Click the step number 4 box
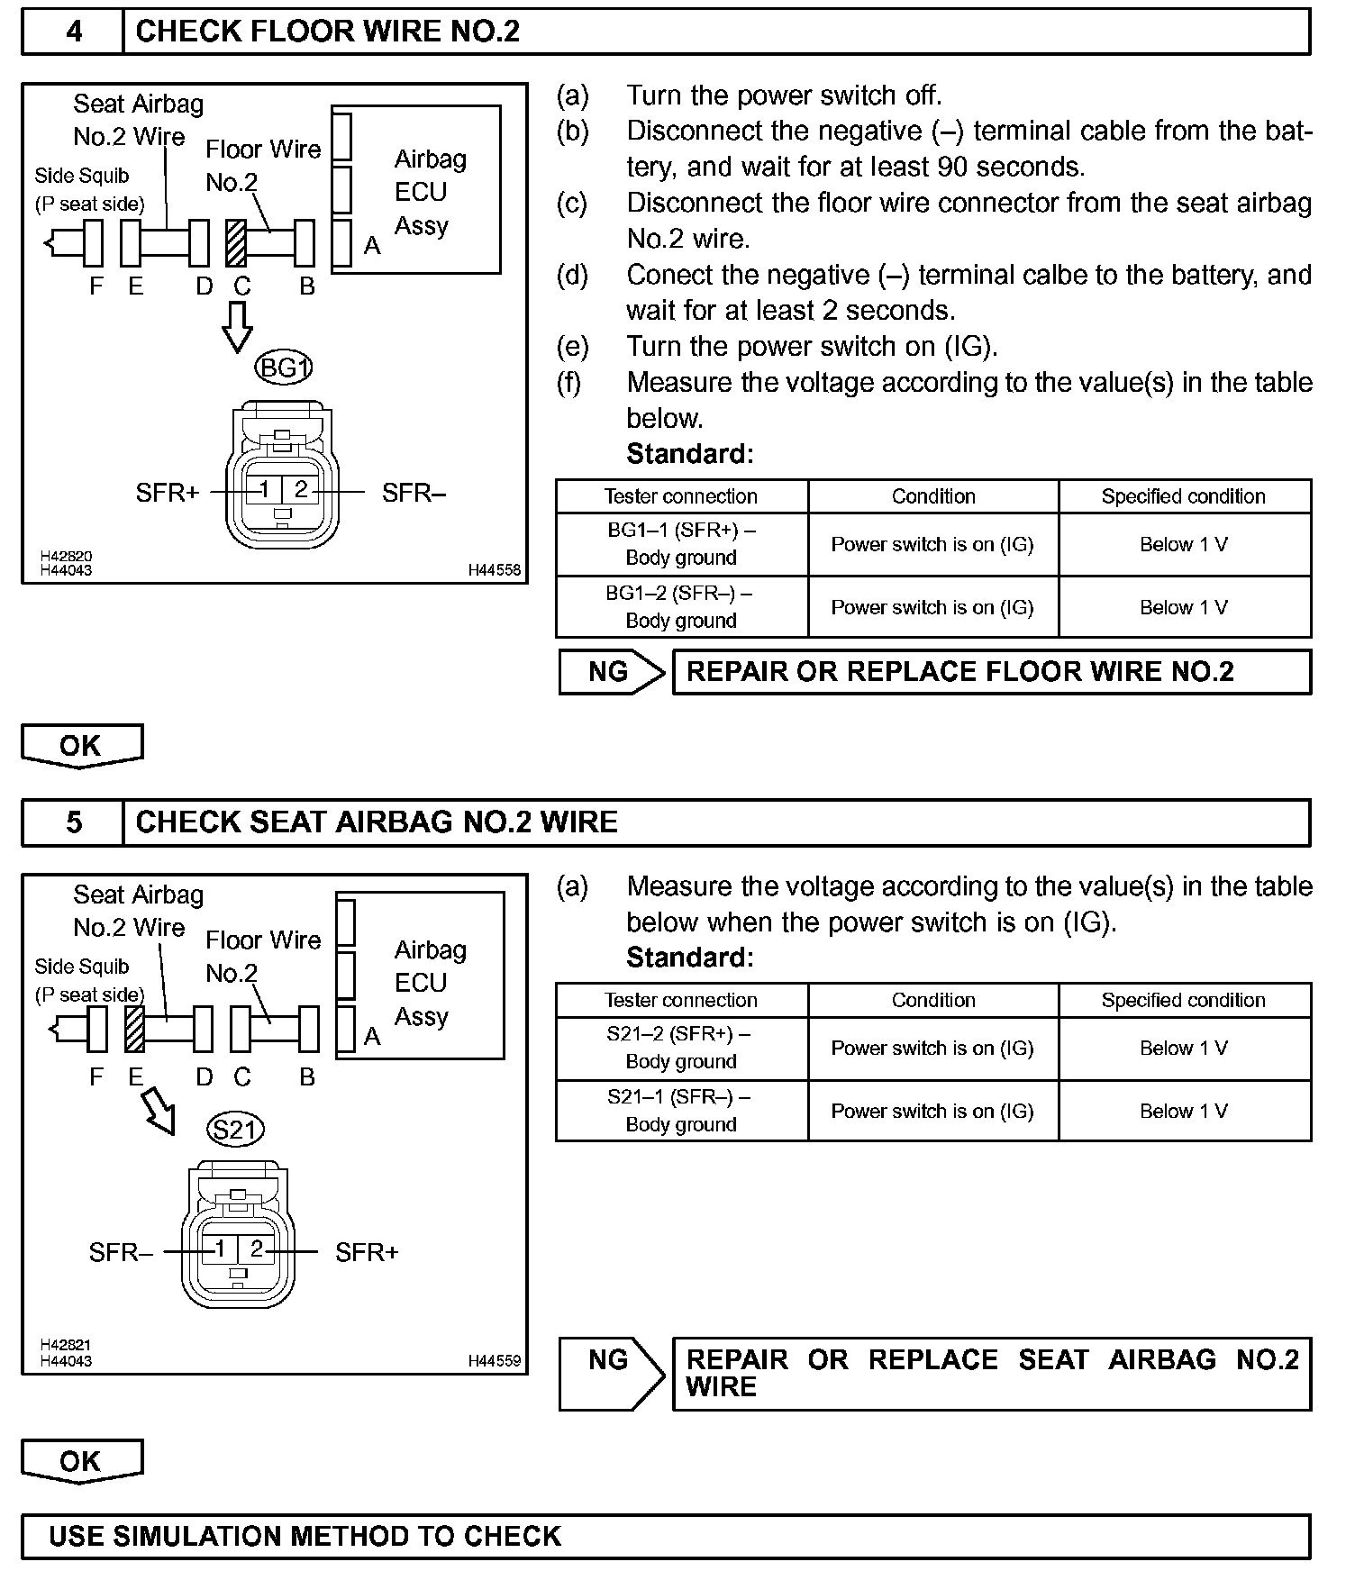tap(73, 32)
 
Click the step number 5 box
tap(73, 822)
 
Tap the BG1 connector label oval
tap(284, 368)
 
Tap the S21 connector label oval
tap(234, 1130)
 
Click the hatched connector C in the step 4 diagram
tap(236, 243)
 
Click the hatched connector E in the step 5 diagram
tap(134, 1029)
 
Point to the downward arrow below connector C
tap(238, 326)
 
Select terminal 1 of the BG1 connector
tap(264, 489)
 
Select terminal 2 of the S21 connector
tap(257, 1249)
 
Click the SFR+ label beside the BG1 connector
tap(167, 493)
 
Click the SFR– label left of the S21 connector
tap(120, 1252)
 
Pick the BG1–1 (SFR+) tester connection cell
tap(681, 544)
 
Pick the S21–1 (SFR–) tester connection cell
tap(681, 1111)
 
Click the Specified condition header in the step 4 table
tap(1183, 496)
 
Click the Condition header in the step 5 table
tap(933, 1000)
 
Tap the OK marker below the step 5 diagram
tap(81, 1461)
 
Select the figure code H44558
tap(494, 570)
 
